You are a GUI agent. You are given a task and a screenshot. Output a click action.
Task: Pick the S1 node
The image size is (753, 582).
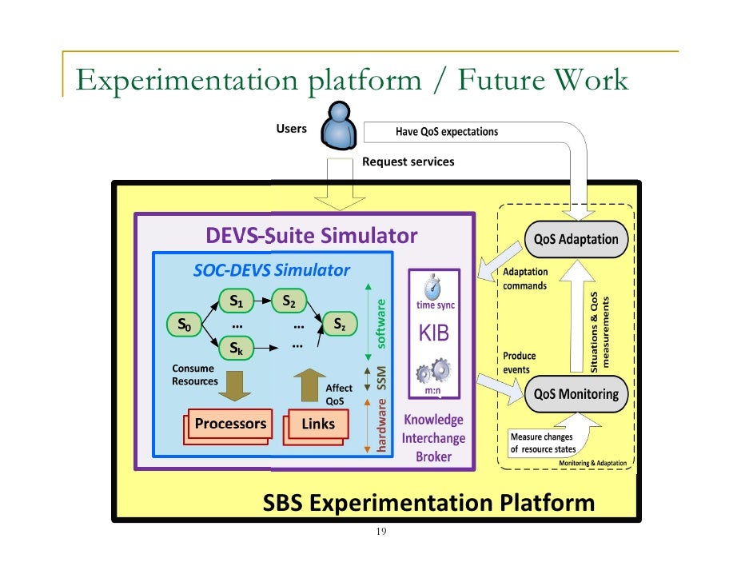236,301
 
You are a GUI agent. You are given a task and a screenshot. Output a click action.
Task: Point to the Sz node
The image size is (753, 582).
340,325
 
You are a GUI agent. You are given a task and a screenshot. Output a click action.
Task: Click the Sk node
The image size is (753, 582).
236,348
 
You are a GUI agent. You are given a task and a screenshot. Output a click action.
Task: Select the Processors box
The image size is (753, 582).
230,423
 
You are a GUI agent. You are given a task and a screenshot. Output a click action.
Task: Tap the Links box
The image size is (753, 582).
318,424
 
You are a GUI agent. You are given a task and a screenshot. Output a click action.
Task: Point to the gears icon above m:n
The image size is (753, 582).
434,373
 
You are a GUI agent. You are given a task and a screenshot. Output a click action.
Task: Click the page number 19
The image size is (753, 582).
381,532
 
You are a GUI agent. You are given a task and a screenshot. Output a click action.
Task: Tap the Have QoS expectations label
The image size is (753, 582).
446,132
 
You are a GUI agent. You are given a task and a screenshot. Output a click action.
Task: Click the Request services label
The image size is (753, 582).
408,161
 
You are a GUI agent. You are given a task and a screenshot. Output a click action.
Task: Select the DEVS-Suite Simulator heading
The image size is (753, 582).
311,235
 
